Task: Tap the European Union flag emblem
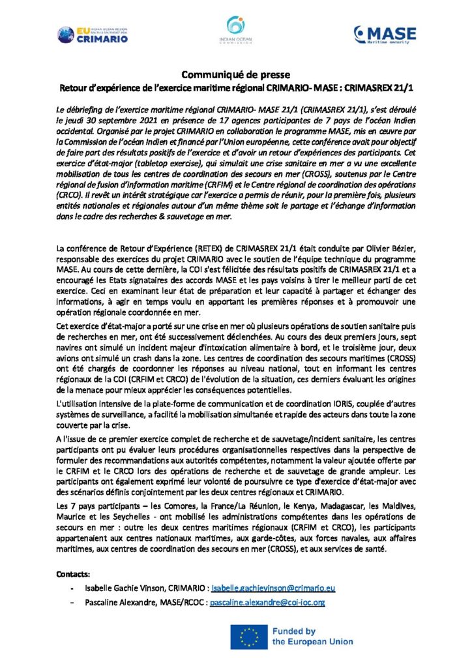(x=248, y=637)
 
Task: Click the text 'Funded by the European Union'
(x=312, y=637)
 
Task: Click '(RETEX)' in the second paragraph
(x=192, y=249)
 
